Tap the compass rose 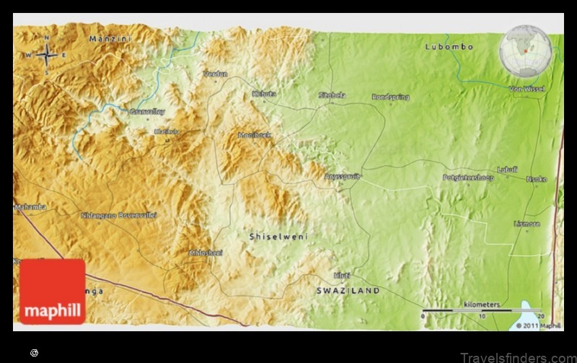pos(48,54)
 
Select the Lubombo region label pos(449,47)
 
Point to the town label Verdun pos(215,74)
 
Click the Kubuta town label pos(264,94)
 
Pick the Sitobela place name pos(332,95)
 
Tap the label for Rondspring pos(390,96)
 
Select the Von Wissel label pos(527,89)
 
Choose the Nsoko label pos(537,179)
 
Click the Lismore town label pos(527,224)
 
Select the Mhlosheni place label pos(206,253)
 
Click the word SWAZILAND pos(348,290)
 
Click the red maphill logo pos(53,292)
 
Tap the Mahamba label pos(31,207)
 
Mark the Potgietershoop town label pos(468,177)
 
